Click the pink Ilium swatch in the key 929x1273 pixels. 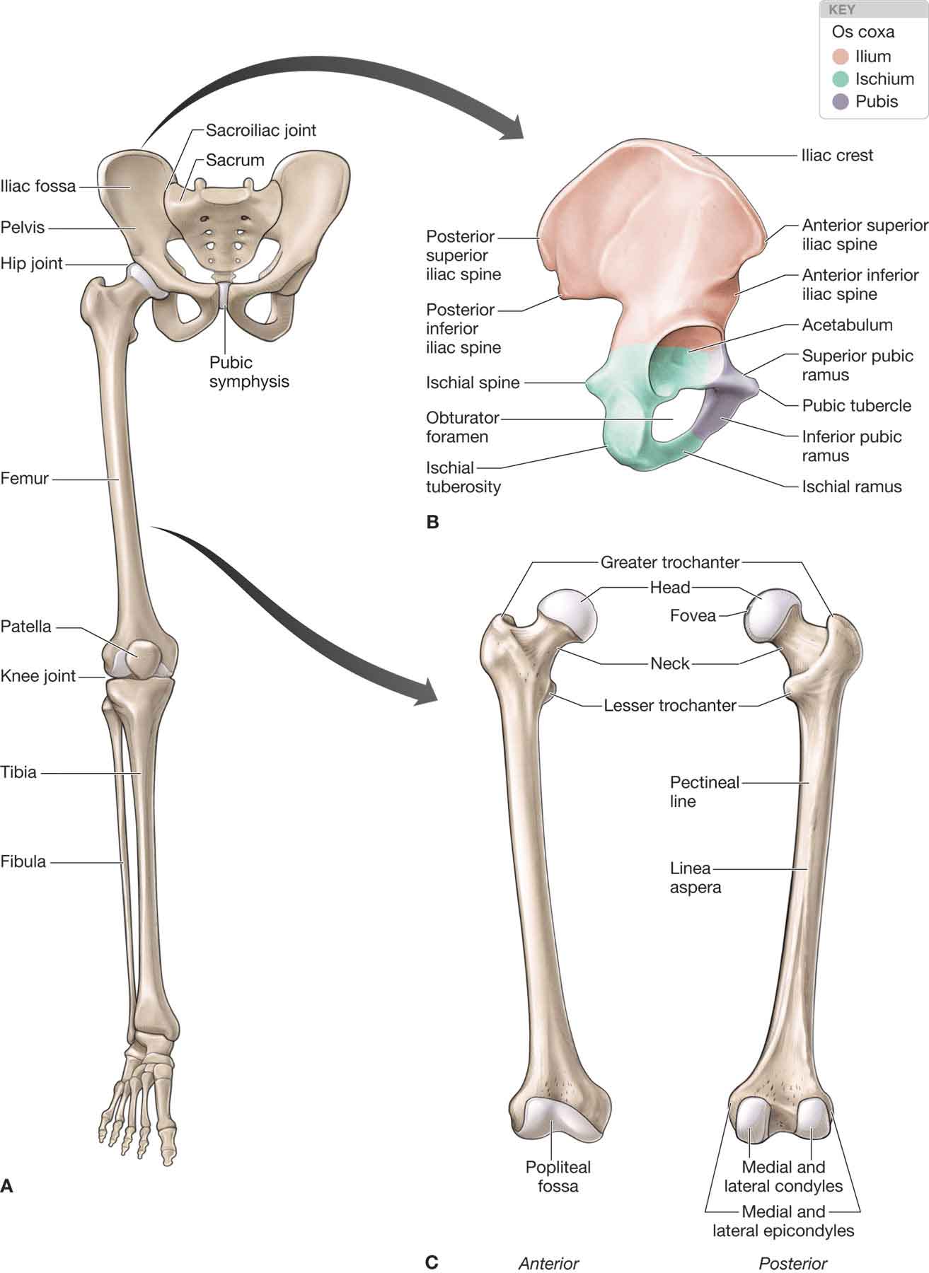(x=841, y=57)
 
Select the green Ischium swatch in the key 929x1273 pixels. (x=841, y=79)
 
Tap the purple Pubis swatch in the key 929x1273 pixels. (x=841, y=102)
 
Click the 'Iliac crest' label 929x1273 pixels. (x=837, y=156)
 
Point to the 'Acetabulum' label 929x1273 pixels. (x=847, y=325)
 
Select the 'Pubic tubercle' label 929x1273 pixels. (x=856, y=406)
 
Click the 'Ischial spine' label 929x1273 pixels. (x=473, y=383)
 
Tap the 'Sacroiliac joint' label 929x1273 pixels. (x=261, y=130)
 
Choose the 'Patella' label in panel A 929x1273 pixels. (x=26, y=627)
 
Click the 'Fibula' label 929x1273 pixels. (x=23, y=862)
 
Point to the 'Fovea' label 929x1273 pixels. (x=693, y=616)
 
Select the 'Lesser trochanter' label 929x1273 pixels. (x=670, y=705)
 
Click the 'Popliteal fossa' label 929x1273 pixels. (x=558, y=1176)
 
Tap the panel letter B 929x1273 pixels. (x=432, y=523)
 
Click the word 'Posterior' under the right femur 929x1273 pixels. (x=792, y=1264)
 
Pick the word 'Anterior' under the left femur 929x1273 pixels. (x=548, y=1264)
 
